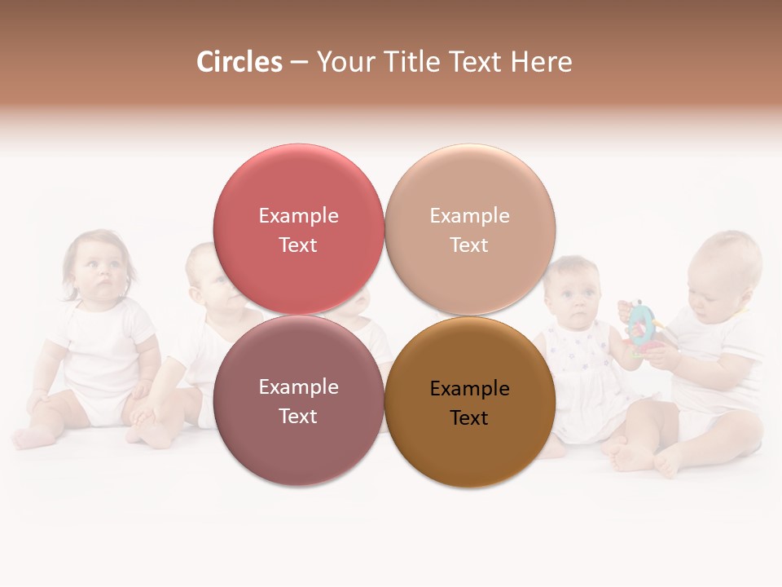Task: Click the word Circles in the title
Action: pyautogui.click(x=239, y=62)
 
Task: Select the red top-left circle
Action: pyautogui.click(x=298, y=196)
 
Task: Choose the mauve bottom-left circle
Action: pyautogui.click(x=298, y=440)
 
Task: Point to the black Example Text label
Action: pyautogui.click(x=470, y=403)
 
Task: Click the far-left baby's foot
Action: pyautogui.click(x=33, y=438)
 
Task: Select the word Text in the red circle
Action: pyautogui.click(x=298, y=245)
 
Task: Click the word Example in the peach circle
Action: pyautogui.click(x=470, y=216)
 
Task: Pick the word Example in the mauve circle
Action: pyautogui.click(x=298, y=387)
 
